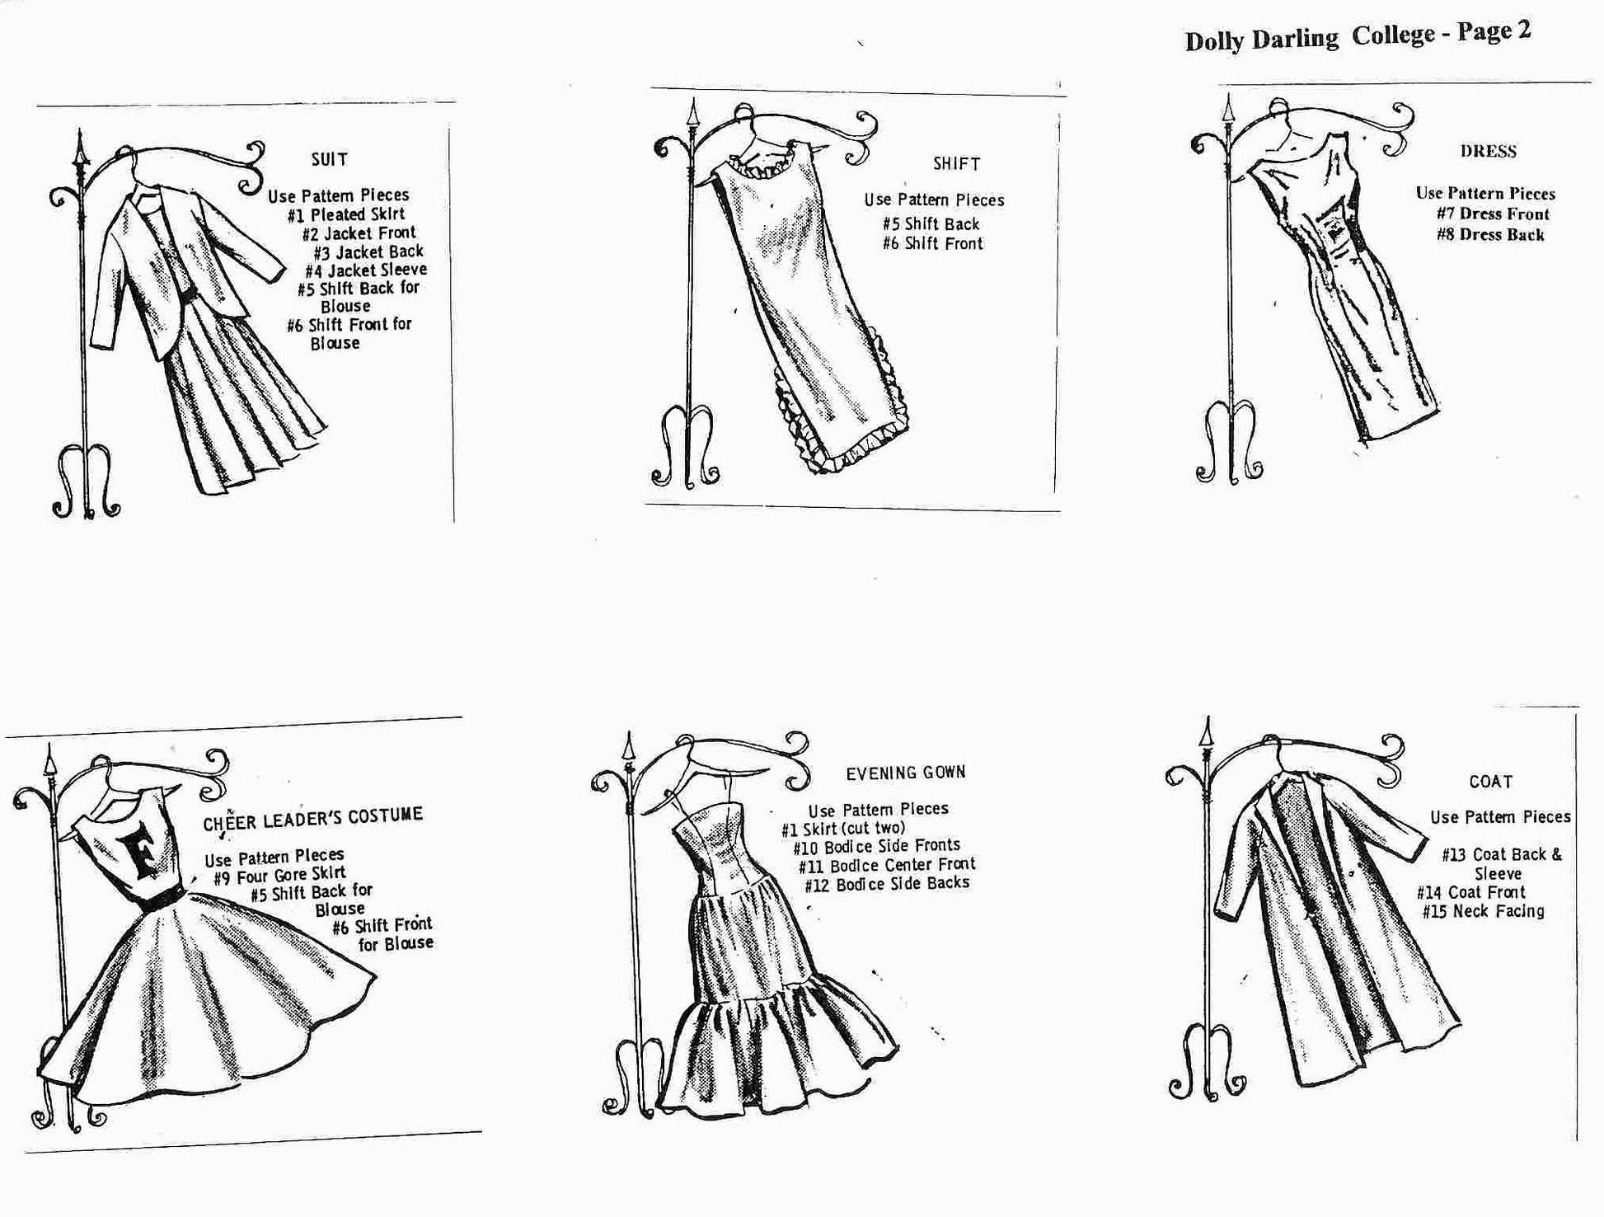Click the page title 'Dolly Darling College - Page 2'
pyautogui.click(x=1358, y=36)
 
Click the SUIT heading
pyautogui.click(x=330, y=159)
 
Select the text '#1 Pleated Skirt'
pyautogui.click(x=346, y=214)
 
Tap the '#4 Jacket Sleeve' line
pyautogui.click(x=366, y=270)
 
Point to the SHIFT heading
pyautogui.click(x=957, y=163)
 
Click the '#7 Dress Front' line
pyautogui.click(x=1493, y=214)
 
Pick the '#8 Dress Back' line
pyautogui.click(x=1490, y=234)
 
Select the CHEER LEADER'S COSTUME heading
pyautogui.click(x=313, y=818)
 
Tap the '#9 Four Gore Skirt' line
pyautogui.click(x=279, y=875)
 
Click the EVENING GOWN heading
pyautogui.click(x=906, y=773)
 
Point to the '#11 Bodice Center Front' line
pyautogui.click(x=887, y=865)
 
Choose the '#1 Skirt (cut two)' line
pyautogui.click(x=843, y=828)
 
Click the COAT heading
pyautogui.click(x=1491, y=781)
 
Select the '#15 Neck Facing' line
pyautogui.click(x=1483, y=911)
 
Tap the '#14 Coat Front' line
pyautogui.click(x=1471, y=892)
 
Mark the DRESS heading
pyautogui.click(x=1489, y=151)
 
